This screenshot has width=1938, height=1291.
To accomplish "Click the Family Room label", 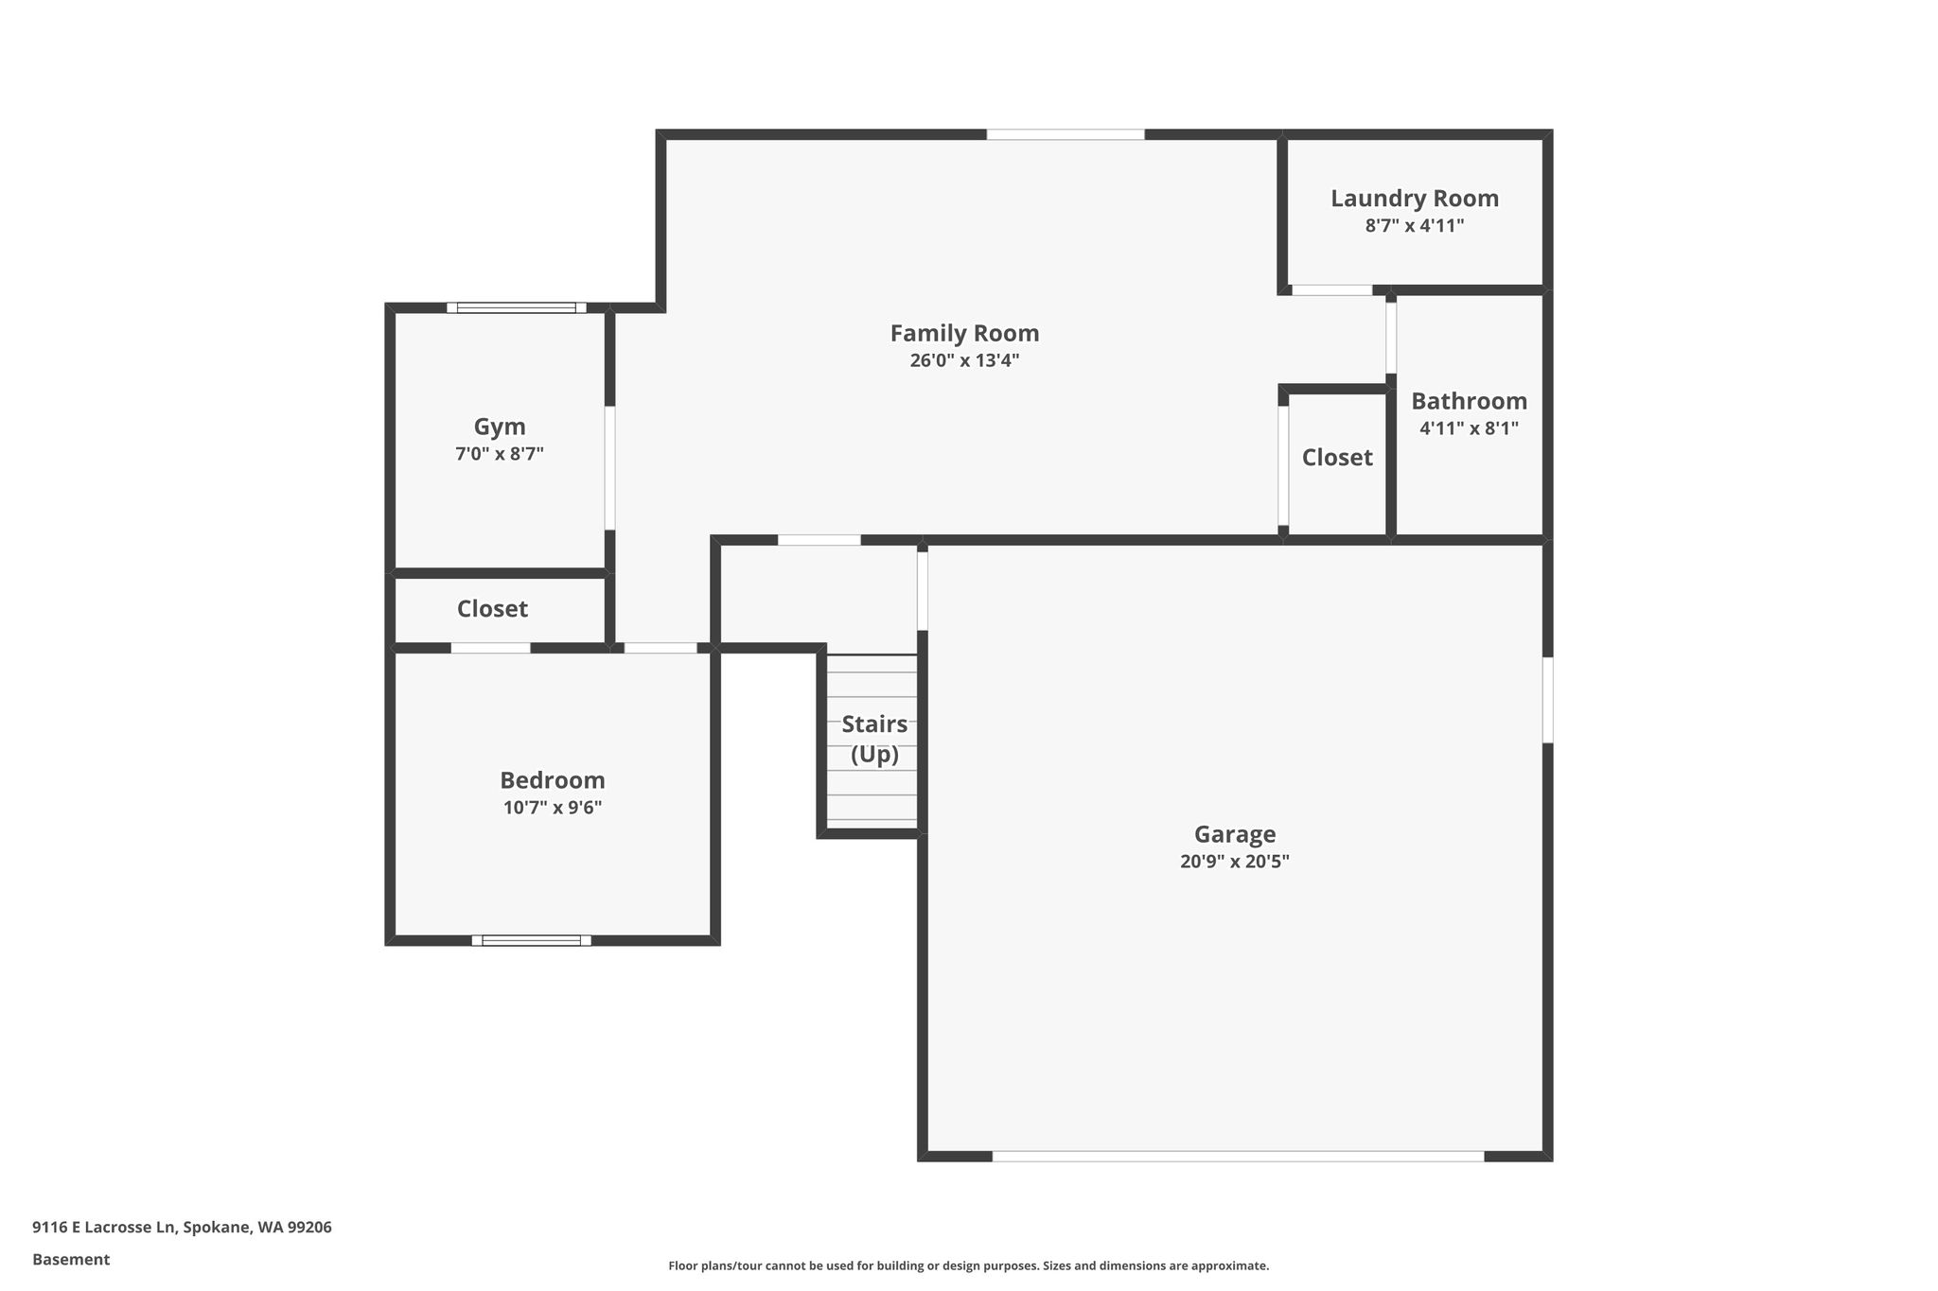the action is (x=964, y=333).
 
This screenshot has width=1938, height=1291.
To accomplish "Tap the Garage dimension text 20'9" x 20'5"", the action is (x=1235, y=862).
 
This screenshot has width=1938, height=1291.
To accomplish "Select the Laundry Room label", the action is (x=1415, y=199).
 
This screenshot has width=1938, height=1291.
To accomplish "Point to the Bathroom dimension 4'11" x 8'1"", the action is (x=1469, y=428).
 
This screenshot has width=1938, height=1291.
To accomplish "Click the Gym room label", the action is (x=500, y=427).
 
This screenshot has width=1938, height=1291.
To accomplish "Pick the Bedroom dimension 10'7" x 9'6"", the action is (x=553, y=808).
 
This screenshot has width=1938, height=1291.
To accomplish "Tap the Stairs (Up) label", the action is (x=874, y=740).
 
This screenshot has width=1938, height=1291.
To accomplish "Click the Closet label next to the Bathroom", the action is (x=1337, y=458).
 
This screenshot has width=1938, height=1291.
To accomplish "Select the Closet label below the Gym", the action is (x=492, y=609).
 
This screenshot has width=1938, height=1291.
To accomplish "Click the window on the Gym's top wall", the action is (x=517, y=307).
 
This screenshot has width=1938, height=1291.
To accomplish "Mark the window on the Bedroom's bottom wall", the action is (x=532, y=940).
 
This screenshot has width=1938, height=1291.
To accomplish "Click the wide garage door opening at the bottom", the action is (x=1238, y=1156).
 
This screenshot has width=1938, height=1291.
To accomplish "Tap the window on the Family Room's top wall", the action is (x=1066, y=134).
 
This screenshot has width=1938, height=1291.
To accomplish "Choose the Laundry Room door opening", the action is (x=1332, y=290).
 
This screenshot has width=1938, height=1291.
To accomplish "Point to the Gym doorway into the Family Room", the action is (x=609, y=468).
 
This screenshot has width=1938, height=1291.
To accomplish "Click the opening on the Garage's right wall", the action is (x=1548, y=700).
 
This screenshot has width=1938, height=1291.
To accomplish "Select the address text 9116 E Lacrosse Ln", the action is (x=104, y=1228).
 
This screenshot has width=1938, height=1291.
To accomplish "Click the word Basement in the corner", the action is (x=71, y=1259).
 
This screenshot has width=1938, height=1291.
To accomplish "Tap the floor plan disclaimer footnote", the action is (x=969, y=1265).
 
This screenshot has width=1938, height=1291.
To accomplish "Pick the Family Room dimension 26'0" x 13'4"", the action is (x=964, y=360).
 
